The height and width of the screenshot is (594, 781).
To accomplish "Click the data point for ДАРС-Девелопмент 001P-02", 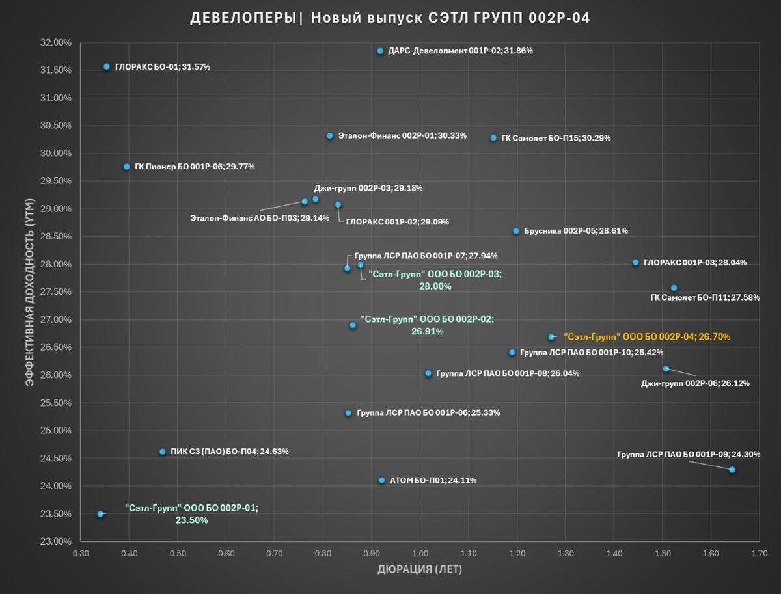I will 380,51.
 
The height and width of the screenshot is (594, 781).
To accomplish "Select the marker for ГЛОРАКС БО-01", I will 107,66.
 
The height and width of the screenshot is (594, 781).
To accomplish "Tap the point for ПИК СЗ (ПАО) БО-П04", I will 163,452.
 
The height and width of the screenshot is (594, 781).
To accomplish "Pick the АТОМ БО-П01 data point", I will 382,480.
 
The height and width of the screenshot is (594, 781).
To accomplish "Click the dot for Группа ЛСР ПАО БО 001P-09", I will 732,470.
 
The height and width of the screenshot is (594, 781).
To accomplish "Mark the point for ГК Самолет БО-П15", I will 493,138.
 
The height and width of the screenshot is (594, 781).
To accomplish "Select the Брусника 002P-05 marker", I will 516,231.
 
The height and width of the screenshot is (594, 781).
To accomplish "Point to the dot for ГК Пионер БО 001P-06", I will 127,167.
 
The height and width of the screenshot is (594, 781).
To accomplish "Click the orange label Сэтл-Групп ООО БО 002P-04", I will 647,337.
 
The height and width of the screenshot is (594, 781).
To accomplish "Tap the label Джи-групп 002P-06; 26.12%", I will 695,383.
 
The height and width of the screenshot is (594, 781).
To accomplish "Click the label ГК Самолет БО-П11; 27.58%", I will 705,297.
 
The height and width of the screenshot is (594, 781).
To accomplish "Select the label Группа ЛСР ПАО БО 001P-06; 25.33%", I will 428,412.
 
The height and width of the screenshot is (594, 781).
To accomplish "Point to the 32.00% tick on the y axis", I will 56,43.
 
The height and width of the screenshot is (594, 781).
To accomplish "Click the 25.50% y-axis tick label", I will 56,403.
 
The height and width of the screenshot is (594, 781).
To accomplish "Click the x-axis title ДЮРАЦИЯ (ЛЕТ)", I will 420,570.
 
